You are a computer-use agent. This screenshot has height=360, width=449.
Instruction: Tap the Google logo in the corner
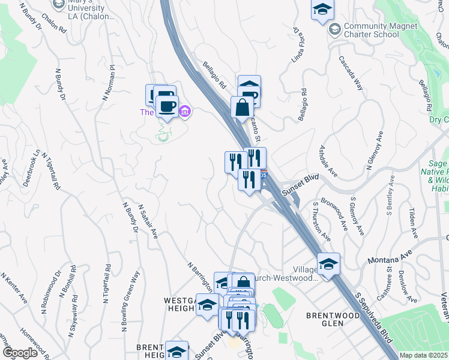(20, 353)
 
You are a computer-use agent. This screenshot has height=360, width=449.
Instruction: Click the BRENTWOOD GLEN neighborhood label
(325, 319)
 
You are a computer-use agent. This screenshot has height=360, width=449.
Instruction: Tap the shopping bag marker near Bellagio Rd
(242, 109)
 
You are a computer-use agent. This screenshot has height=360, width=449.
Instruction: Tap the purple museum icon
(185, 112)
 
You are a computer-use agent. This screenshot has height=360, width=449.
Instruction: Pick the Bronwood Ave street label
(334, 214)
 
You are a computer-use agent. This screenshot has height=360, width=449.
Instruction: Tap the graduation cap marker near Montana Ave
(328, 264)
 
